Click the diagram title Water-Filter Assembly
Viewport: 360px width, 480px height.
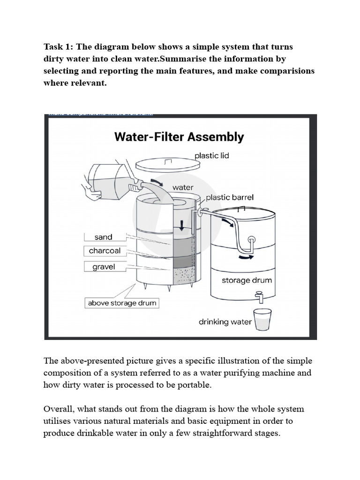coord(179,137)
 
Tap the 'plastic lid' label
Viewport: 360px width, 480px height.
coord(211,155)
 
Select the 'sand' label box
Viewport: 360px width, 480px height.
coord(103,237)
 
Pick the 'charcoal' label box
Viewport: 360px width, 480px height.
coord(104,251)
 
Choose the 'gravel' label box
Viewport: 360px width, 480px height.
coord(104,267)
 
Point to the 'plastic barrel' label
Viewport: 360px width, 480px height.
coord(230,197)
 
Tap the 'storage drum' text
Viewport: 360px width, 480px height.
coord(247,281)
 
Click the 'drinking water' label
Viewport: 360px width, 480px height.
coord(225,322)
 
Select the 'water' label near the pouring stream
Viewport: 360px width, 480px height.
coord(182,187)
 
